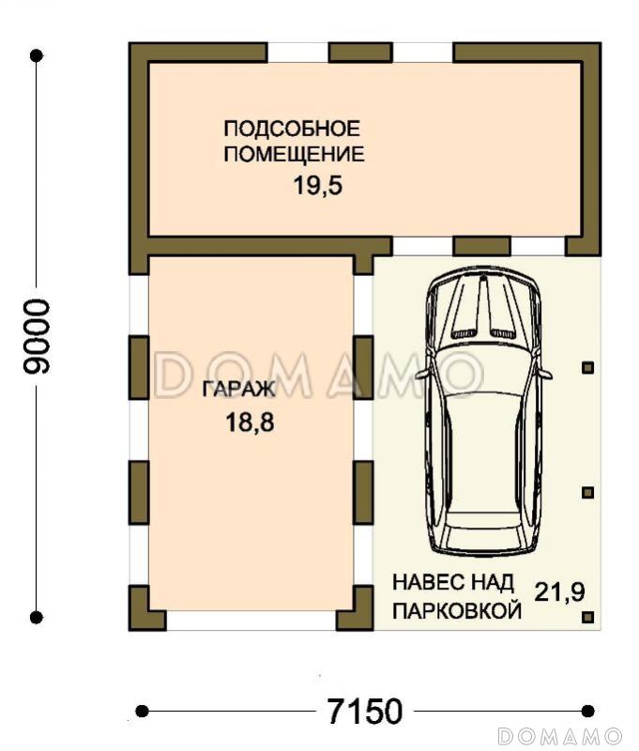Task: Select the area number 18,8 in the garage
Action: coord(249,421)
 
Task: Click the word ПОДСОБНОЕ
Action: coord(292,128)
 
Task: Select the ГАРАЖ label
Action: coord(238,389)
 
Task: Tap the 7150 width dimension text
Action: coord(364,711)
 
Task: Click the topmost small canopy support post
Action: coord(588,368)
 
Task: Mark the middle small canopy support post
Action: coord(588,492)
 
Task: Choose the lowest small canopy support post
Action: coord(588,617)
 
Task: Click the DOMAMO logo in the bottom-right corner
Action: coord(559,734)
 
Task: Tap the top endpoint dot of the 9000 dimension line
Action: coord(37,56)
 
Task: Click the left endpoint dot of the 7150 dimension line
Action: coord(142,711)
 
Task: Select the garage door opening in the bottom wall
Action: coord(251,621)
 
